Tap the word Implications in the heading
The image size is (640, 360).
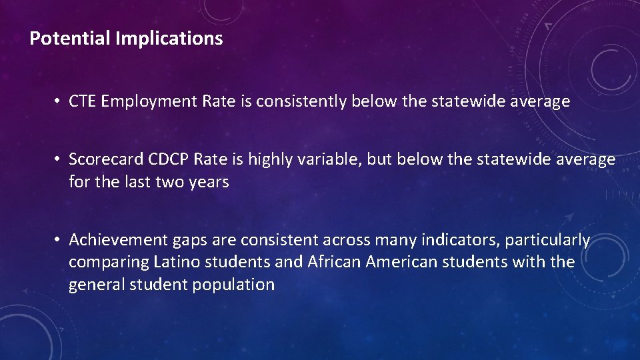(169, 39)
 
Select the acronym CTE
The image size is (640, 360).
(83, 101)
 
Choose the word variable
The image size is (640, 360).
(342, 160)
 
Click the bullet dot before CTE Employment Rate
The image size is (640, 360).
(59, 102)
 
